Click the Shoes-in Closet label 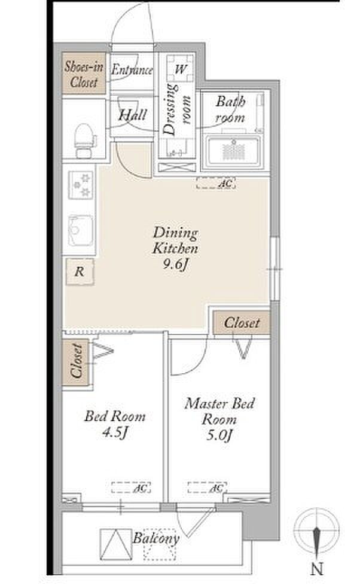tap(84, 74)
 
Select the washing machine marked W tap(180, 69)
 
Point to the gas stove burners tap(80, 185)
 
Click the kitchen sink tap(80, 230)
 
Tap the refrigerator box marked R tap(80, 272)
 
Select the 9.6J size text tap(175, 264)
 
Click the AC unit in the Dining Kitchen tap(216, 183)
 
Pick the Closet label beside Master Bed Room tap(242, 323)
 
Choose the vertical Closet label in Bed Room tap(76, 361)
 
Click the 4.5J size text tap(115, 433)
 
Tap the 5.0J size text tap(219, 435)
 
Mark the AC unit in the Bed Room tap(131, 487)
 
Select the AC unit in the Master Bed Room tap(207, 487)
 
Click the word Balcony tap(156, 538)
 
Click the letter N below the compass tap(317, 569)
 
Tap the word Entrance tap(132, 70)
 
